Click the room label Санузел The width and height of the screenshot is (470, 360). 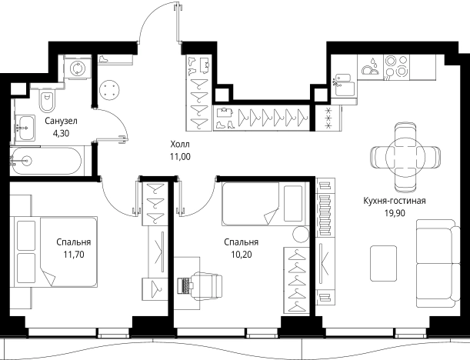[61, 121]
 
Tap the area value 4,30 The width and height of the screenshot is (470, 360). [61, 133]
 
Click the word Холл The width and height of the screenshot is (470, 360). [180, 144]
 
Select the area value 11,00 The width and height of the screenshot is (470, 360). [180, 156]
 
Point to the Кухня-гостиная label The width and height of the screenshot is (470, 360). [395, 201]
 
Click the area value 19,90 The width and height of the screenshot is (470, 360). [395, 213]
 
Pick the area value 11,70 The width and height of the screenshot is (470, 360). [74, 255]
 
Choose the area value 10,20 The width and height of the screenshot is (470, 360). [242, 255]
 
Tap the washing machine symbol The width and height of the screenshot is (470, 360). [78, 68]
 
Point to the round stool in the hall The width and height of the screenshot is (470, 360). [109, 90]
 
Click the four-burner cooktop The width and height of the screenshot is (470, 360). [396, 66]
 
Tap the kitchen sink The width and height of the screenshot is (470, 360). [344, 85]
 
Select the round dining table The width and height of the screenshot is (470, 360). [405, 157]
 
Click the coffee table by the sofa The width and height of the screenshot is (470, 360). [383, 259]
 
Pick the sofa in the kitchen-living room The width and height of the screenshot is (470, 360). [438, 264]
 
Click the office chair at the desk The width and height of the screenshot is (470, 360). [206, 286]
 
